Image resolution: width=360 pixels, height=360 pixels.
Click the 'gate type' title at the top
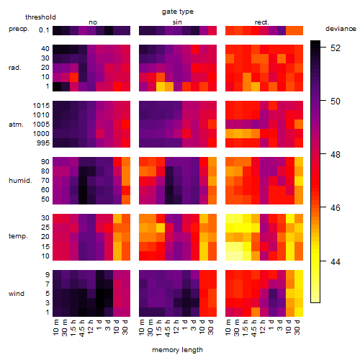178,12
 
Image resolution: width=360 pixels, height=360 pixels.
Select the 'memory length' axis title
177,350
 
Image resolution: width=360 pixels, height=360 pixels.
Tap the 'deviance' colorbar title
341,29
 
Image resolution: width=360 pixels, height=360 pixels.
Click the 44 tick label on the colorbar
336,261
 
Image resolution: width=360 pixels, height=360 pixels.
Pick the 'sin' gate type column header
177,22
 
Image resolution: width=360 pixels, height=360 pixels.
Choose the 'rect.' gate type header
262,22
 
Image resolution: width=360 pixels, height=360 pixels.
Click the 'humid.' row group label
20,181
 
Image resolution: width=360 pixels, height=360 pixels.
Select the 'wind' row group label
17,294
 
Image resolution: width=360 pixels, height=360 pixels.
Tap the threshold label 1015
41,106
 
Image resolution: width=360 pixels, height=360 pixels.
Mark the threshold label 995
43,143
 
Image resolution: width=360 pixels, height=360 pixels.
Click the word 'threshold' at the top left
40,17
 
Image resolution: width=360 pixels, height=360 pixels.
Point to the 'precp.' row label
19,29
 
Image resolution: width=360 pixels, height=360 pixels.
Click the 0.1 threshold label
44,30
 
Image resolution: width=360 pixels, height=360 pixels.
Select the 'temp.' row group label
18,236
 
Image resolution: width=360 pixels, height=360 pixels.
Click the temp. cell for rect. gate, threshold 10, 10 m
230,256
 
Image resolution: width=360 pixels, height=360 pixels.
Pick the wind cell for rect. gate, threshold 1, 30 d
299,312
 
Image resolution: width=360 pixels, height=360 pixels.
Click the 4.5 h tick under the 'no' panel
82,328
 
